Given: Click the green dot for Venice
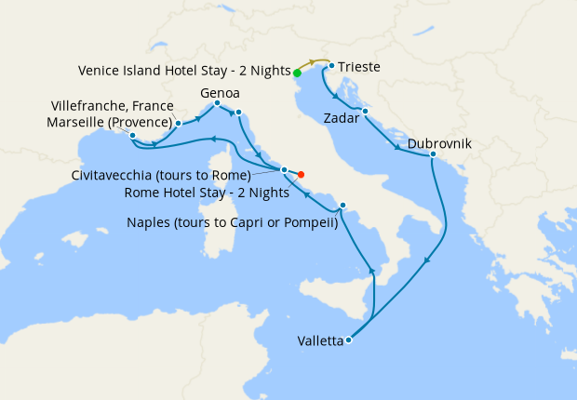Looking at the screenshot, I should (x=297, y=73).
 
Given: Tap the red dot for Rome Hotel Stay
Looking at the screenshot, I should (x=301, y=174).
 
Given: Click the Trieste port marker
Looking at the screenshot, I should (x=330, y=67).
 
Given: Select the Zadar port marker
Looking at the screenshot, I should (x=365, y=112).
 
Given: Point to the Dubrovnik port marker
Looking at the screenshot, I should (x=433, y=154).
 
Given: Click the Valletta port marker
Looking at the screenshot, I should (x=348, y=340).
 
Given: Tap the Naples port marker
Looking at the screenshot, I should (x=342, y=206).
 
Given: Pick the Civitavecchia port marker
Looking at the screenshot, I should (x=284, y=169).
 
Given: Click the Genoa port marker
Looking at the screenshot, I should (x=217, y=103).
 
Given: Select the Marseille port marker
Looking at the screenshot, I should (x=133, y=136).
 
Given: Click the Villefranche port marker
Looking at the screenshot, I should (x=178, y=123).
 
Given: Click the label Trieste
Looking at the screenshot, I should (x=358, y=67).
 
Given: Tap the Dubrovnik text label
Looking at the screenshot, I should (x=439, y=145).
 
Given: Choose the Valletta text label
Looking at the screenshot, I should (x=319, y=340).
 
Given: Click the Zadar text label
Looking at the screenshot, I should (x=341, y=118).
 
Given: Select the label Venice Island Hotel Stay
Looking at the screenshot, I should (x=184, y=71).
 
